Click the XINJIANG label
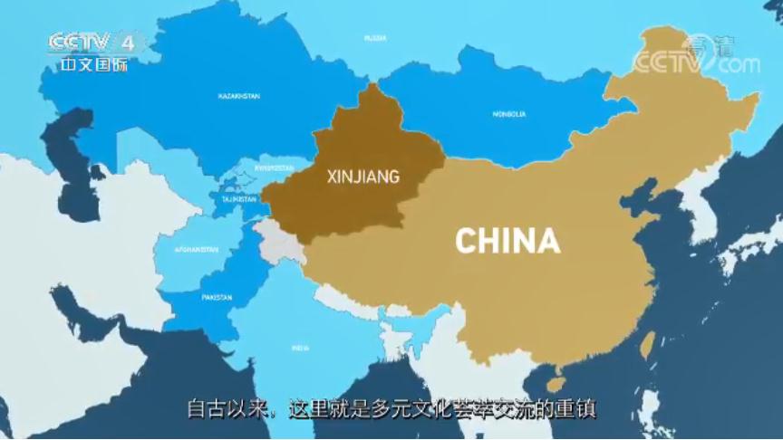pyautogui.click(x=362, y=177)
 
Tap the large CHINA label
pyautogui.click(x=507, y=241)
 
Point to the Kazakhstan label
pyautogui.click(x=239, y=95)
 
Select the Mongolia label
pyautogui.click(x=508, y=114)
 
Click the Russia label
pyautogui.click(x=375, y=38)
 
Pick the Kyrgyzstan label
pyautogui.click(x=275, y=167)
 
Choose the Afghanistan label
pyautogui.click(x=196, y=249)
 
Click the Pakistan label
pyautogui.click(x=217, y=297)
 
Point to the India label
pyautogui.click(x=300, y=347)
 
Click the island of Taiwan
pyautogui.click(x=648, y=343)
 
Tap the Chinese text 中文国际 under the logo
pyautogui.click(x=94, y=65)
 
